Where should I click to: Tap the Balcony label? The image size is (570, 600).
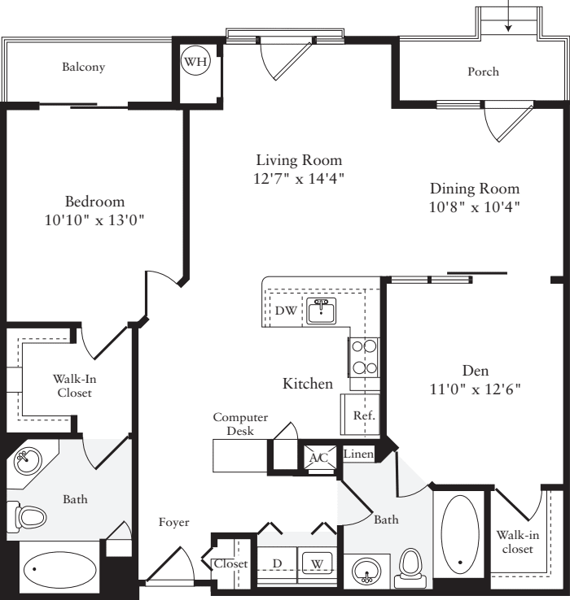click(84, 67)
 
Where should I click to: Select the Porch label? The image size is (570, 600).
click(483, 72)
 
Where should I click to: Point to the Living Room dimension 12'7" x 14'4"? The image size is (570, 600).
click(299, 178)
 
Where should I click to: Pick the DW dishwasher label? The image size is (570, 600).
click(285, 311)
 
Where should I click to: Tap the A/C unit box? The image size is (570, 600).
click(318, 458)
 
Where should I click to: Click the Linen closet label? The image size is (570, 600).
click(358, 454)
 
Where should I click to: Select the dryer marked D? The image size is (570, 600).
click(277, 563)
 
